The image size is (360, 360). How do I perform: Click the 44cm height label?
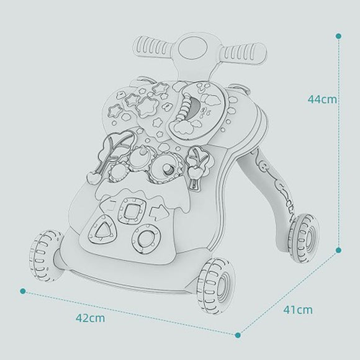(322, 99)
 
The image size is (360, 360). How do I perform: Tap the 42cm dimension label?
(90, 318)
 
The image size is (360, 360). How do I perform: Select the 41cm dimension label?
(298, 310)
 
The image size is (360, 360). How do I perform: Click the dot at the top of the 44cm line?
(338, 36)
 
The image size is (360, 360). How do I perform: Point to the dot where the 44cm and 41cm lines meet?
(338, 250)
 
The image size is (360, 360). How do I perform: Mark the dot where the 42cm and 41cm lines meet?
(238, 335)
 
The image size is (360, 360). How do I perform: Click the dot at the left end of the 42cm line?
(22, 291)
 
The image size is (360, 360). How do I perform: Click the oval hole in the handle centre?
(192, 48)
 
